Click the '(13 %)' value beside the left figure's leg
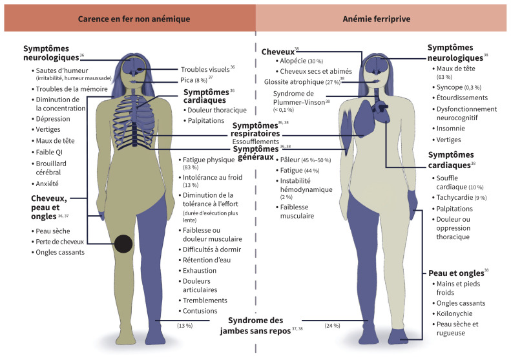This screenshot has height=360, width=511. pyautogui.click(x=185, y=325)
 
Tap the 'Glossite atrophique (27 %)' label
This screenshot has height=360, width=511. pyautogui.click(x=301, y=81)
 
